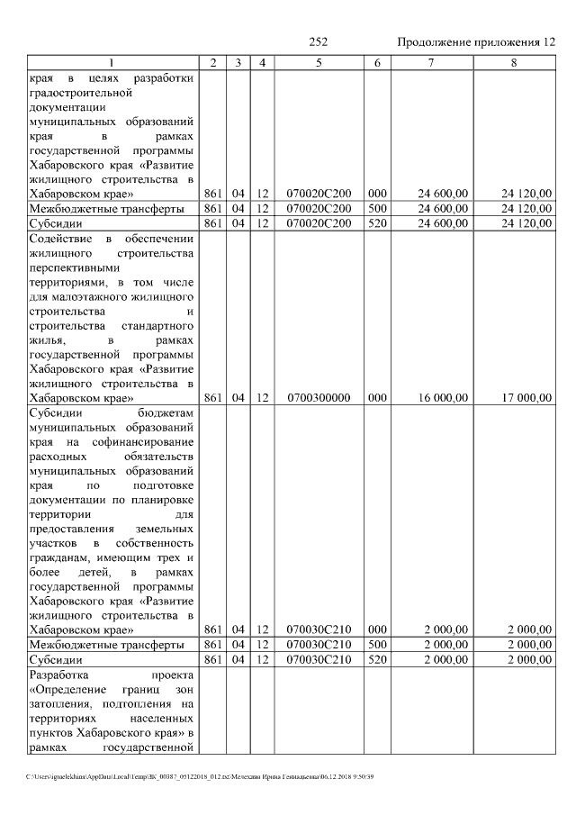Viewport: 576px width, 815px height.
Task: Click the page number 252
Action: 318,43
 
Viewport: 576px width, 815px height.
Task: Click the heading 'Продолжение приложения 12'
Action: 475,43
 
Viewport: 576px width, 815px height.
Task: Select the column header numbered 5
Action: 319,62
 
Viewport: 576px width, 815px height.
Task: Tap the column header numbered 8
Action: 514,62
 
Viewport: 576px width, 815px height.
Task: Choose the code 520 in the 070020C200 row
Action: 377,223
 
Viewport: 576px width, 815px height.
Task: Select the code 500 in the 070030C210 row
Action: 377,645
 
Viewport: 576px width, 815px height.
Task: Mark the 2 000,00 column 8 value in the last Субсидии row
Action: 528,659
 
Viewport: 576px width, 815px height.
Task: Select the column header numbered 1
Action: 112,62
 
